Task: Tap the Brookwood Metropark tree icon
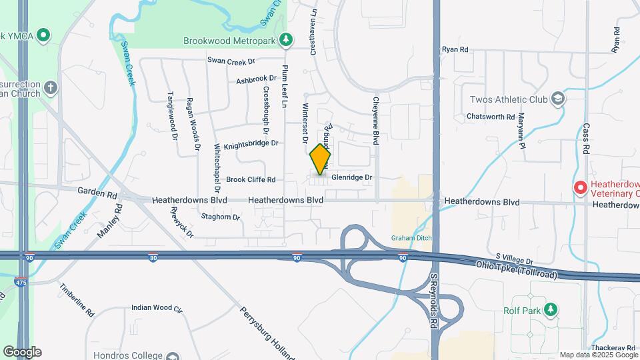pos(286,40)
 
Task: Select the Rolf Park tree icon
pos(550,309)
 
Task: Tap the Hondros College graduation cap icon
pos(173,356)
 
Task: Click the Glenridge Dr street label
pos(351,178)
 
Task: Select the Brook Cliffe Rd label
pos(251,179)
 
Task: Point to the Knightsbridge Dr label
pos(251,144)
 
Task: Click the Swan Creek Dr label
pos(231,61)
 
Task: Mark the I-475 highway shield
pos(22,282)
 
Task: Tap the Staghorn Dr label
pos(220,217)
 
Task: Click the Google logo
pos(22,352)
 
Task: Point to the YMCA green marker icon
pos(43,34)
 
